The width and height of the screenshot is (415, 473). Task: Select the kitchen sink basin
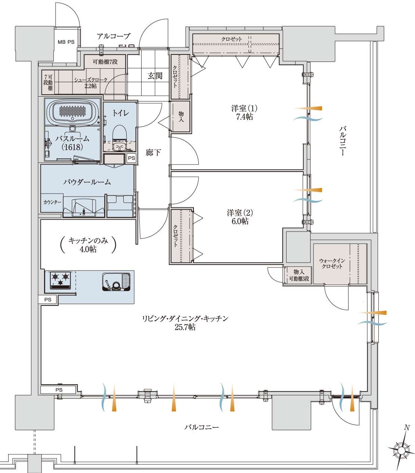click(116, 282)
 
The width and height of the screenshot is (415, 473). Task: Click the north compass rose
click(401, 449)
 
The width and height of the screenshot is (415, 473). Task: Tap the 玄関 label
click(155, 76)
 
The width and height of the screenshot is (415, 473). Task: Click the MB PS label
click(66, 42)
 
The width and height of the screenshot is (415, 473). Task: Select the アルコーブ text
click(114, 36)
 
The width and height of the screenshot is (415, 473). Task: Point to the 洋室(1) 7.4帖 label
click(244, 112)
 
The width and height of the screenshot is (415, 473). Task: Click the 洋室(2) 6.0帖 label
click(240, 217)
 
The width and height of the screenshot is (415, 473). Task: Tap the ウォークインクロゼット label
click(332, 263)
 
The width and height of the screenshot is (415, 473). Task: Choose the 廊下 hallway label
click(153, 153)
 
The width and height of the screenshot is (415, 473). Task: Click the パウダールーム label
click(87, 182)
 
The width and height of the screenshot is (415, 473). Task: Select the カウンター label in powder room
click(52, 202)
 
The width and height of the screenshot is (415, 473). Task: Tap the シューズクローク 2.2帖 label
click(91, 83)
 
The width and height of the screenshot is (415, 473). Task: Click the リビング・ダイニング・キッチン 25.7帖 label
click(185, 323)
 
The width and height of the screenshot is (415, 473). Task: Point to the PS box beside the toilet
click(131, 158)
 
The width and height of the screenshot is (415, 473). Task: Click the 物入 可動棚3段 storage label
click(299, 275)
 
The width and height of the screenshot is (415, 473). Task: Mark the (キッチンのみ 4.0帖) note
click(88, 245)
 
